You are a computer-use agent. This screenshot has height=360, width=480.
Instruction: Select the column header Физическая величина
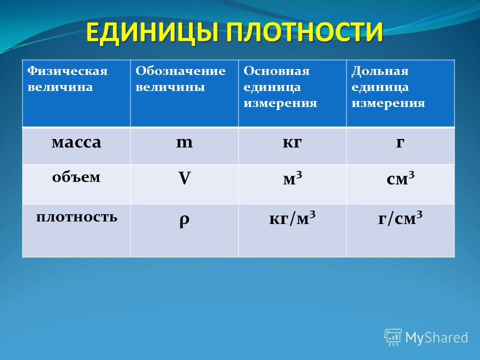coord(67,79)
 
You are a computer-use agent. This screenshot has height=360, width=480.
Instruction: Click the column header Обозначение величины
coord(180,79)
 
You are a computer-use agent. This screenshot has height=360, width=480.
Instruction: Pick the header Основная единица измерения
coord(280,87)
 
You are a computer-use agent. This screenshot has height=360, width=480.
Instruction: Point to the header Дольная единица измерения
coord(388,87)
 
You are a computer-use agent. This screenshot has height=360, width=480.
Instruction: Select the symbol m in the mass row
coord(184,142)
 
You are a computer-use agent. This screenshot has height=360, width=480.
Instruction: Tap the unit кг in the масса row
coord(292,142)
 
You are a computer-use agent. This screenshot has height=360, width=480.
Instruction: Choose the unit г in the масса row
coord(400,142)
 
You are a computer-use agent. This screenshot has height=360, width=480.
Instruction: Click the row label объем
coord(76,176)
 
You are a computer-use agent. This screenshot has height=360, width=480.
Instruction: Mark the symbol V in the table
coord(184,178)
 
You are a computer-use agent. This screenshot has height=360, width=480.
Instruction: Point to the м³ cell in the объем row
coord(292,178)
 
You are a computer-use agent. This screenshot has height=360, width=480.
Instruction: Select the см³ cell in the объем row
coord(400,178)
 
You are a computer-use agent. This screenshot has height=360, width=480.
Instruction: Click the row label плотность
coord(76,216)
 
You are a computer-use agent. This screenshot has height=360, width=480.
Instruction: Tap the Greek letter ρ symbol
coord(184,220)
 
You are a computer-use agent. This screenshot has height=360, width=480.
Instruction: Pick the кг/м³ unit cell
coord(292,218)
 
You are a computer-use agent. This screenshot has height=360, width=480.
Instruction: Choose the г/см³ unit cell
coord(400,218)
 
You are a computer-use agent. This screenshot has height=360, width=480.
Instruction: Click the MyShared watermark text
coord(437,337)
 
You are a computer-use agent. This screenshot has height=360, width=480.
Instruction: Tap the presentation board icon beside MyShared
coord(393,337)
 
